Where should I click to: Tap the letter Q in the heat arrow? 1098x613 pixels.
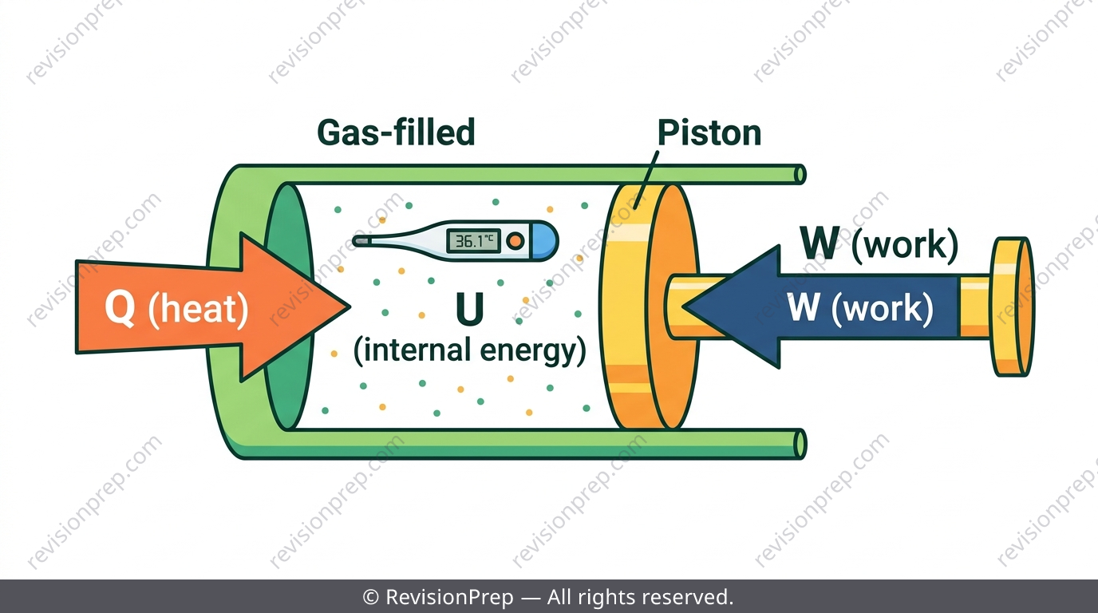click(x=120, y=307)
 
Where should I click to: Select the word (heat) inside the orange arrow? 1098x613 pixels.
click(x=199, y=309)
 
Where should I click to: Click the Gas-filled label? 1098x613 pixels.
click(x=396, y=132)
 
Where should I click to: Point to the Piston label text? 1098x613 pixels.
click(x=709, y=132)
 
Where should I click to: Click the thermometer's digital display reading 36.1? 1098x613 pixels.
click(x=473, y=241)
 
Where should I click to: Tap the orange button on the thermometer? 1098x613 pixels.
click(x=515, y=241)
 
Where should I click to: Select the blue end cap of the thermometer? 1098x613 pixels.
click(x=544, y=241)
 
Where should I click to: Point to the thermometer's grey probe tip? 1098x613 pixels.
click(x=361, y=241)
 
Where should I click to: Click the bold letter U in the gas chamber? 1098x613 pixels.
click(x=469, y=309)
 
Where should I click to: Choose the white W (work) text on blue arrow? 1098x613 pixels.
click(x=860, y=308)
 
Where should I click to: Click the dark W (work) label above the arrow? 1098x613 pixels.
click(x=879, y=243)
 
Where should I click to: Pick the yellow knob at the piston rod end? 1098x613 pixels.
click(x=1012, y=307)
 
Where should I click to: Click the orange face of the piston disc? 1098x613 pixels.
click(x=672, y=307)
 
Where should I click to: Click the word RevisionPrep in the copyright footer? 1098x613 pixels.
click(x=449, y=597)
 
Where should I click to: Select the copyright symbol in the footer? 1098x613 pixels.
click(x=370, y=597)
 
